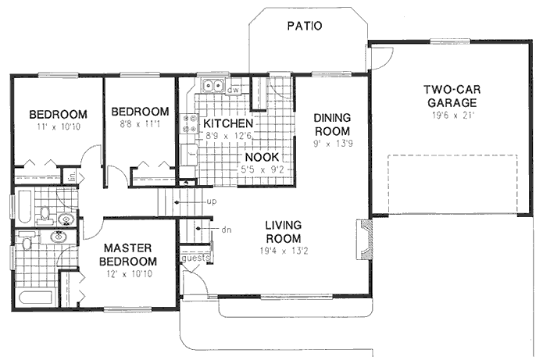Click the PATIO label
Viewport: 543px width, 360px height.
tap(304, 26)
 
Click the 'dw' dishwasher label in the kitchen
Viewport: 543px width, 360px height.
tap(233, 90)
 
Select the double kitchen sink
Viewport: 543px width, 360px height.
tap(211, 87)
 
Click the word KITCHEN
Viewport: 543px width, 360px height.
tap(227, 123)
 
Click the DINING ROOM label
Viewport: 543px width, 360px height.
tap(332, 123)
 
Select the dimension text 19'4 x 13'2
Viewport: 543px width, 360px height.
tap(282, 251)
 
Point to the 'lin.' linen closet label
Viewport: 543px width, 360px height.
tap(70, 177)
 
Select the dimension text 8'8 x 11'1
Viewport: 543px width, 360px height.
tap(139, 123)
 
